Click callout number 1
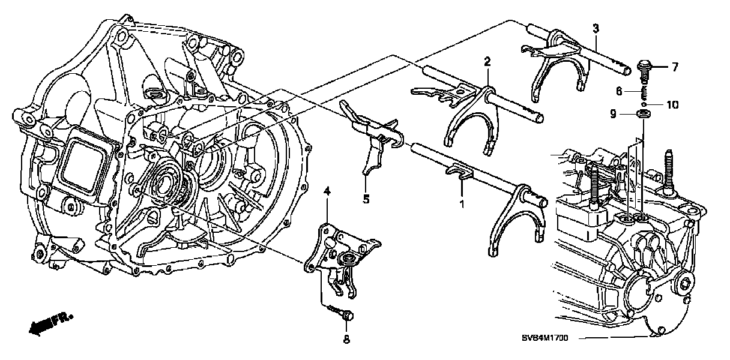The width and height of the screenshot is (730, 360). tap(462, 204)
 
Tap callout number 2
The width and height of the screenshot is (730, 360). tap(487, 61)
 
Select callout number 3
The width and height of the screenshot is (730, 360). tap(595, 28)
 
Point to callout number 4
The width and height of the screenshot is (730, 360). tap(327, 191)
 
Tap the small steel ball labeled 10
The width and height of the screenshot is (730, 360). tap(644, 103)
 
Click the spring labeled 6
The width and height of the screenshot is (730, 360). tap(644, 91)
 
